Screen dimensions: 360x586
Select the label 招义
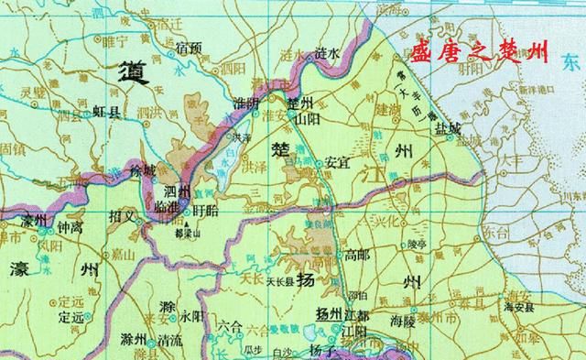click(x=121, y=217)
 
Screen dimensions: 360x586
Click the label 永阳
click(x=191, y=315)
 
